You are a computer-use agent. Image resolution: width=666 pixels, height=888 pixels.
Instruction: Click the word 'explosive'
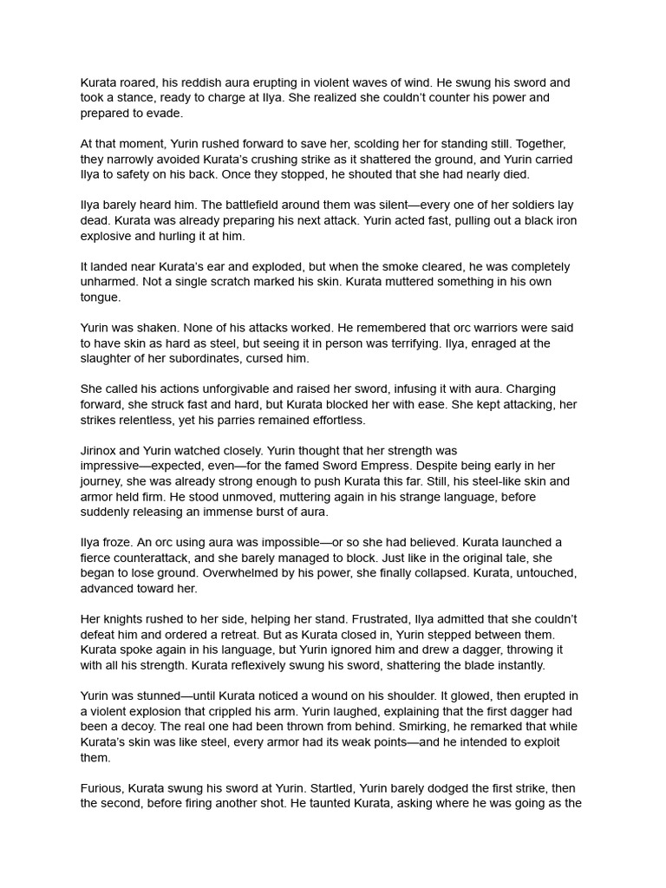coord(108,236)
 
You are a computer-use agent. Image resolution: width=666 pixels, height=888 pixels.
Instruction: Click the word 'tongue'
coord(101,297)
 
